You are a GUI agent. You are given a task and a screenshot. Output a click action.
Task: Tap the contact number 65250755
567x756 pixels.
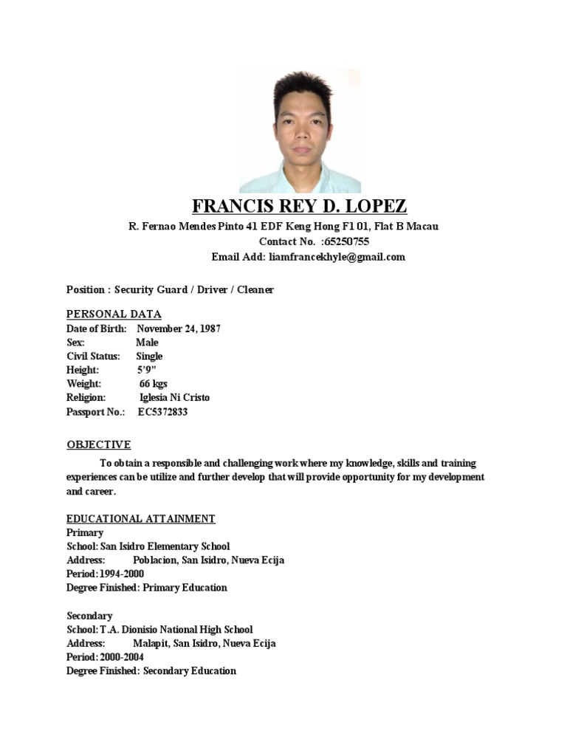click(x=346, y=241)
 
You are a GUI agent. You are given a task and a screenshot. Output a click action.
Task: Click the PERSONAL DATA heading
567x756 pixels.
click(x=114, y=314)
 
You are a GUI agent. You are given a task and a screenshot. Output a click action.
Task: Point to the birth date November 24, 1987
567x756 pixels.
click(x=179, y=329)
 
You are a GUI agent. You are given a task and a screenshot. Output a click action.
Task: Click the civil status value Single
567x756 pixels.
click(x=149, y=356)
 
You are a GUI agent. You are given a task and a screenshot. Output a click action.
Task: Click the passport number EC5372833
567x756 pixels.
click(x=162, y=412)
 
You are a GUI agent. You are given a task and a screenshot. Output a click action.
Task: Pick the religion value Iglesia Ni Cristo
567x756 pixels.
click(x=174, y=398)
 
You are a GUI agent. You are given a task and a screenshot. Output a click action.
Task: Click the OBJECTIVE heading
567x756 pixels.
click(x=99, y=444)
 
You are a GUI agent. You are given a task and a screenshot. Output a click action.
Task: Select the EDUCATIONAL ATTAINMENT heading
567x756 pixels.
click(x=141, y=519)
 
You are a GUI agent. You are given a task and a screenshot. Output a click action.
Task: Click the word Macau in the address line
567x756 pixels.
click(x=425, y=226)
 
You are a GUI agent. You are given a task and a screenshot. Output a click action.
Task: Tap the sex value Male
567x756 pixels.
click(x=147, y=343)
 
